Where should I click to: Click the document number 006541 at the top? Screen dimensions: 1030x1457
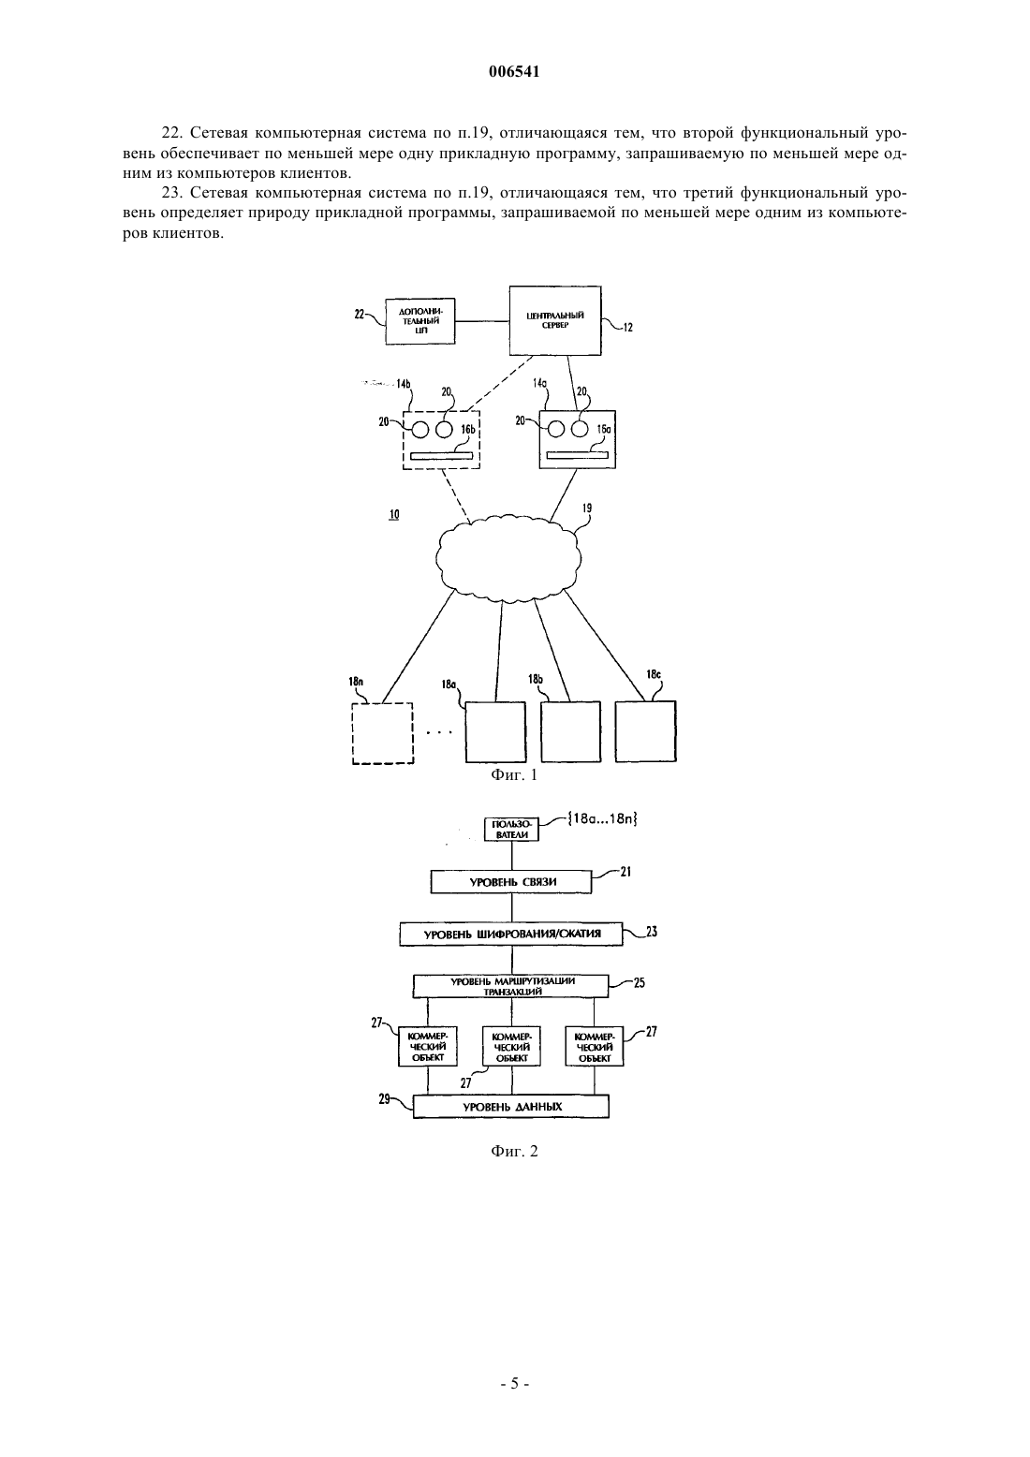tap(514, 71)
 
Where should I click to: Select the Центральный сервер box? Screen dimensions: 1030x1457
tap(554, 320)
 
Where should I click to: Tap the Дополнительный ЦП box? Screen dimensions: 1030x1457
tap(420, 320)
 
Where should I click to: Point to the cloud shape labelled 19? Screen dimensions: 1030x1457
tap(508, 556)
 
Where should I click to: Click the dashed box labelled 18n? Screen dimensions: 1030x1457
tap(383, 733)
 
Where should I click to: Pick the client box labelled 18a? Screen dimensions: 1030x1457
tap(495, 731)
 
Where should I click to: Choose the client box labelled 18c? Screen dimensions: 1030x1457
tap(646, 731)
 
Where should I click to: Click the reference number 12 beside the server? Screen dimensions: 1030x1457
tap(627, 328)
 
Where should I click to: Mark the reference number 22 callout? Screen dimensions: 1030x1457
tap(360, 315)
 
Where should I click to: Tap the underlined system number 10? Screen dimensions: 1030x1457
tap(394, 514)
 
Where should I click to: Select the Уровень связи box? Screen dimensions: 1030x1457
tap(512, 882)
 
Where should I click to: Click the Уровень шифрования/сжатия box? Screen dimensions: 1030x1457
tap(512, 935)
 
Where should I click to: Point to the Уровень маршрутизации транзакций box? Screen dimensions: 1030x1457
tap(511, 986)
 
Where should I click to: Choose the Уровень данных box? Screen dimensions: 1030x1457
tap(511, 1107)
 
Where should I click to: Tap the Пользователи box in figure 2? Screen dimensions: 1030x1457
tap(512, 830)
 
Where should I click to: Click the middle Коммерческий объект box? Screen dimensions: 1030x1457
tap(512, 1047)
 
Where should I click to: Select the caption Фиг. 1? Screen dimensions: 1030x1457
tap(514, 775)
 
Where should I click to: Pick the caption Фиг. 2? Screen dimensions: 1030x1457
tap(514, 1152)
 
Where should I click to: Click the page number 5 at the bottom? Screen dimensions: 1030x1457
tap(514, 1383)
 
